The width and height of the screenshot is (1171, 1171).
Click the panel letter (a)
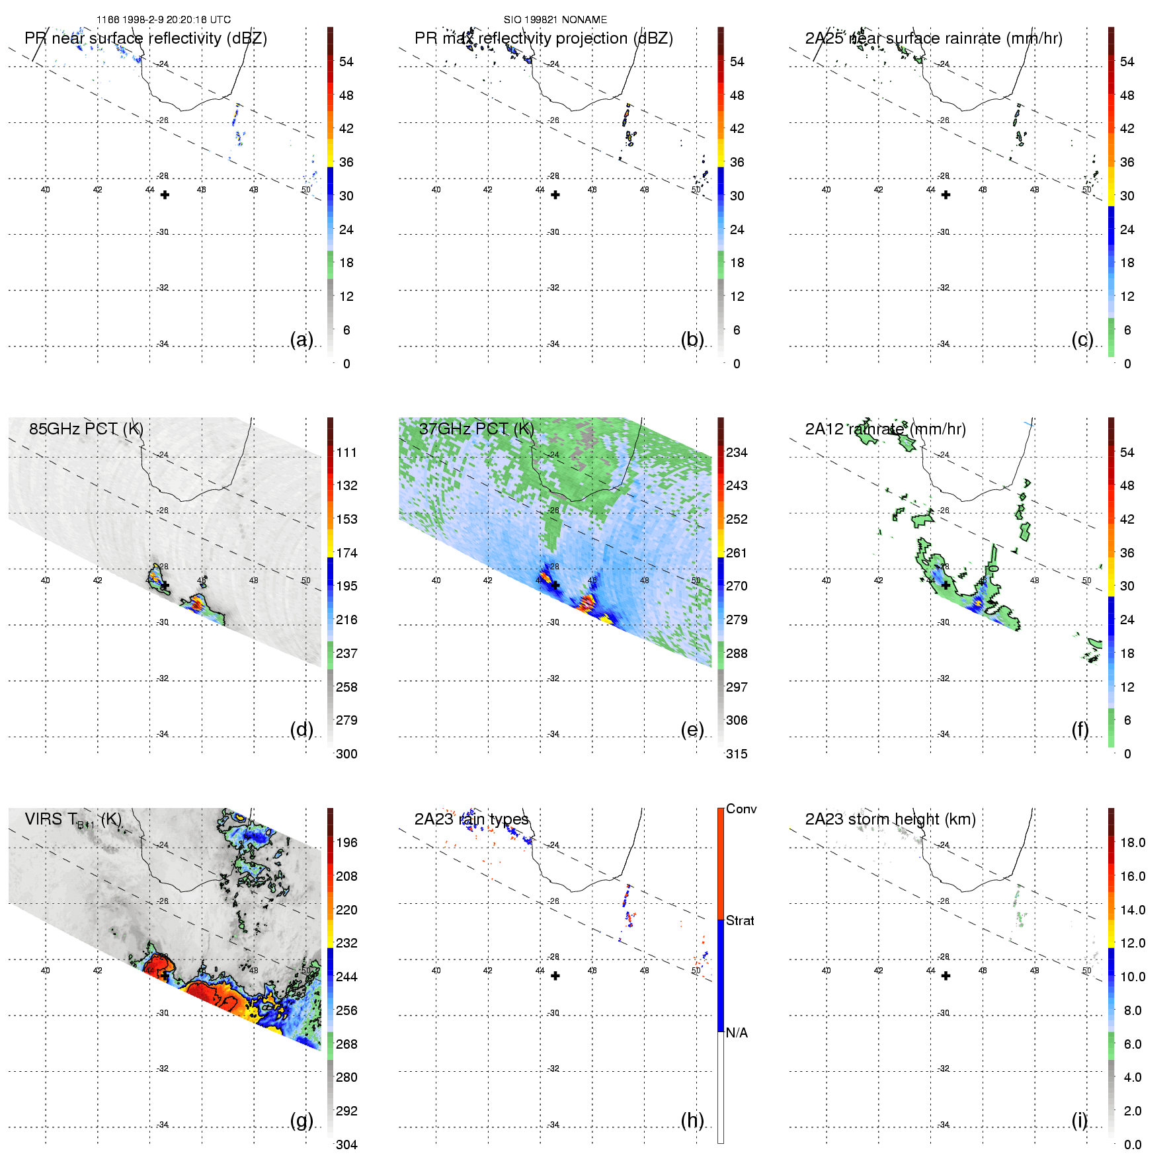[x=302, y=340]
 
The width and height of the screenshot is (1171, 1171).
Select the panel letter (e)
[x=692, y=730]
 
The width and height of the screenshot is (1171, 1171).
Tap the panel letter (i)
[x=1079, y=1120]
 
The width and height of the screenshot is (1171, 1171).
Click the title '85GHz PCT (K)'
[x=86, y=428]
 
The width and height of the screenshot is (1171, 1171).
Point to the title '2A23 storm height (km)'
[x=890, y=819]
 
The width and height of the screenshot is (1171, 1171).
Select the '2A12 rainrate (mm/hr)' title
[x=885, y=429]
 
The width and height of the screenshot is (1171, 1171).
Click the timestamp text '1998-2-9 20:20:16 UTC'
[x=177, y=20]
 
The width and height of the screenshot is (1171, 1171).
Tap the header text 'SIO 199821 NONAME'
[x=555, y=20]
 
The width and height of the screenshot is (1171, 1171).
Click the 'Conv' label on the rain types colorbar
[x=741, y=809]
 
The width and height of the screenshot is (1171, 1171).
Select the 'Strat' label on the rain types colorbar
[x=740, y=920]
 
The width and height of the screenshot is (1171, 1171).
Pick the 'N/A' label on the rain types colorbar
[x=737, y=1033]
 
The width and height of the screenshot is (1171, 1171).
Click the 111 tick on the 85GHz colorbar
[x=346, y=452]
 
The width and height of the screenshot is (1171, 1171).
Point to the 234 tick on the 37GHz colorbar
[x=737, y=452]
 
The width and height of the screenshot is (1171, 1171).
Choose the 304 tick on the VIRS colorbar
[x=346, y=1145]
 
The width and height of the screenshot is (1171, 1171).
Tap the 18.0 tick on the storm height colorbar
[x=1133, y=842]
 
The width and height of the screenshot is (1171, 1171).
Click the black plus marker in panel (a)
[x=165, y=195]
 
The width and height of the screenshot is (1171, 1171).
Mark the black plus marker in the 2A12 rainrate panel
[x=946, y=585]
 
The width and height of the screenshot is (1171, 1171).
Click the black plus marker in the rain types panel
[x=555, y=976]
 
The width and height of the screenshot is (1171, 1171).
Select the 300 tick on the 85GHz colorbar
[x=346, y=754]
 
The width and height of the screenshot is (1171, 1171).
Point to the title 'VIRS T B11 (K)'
[x=73, y=820]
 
